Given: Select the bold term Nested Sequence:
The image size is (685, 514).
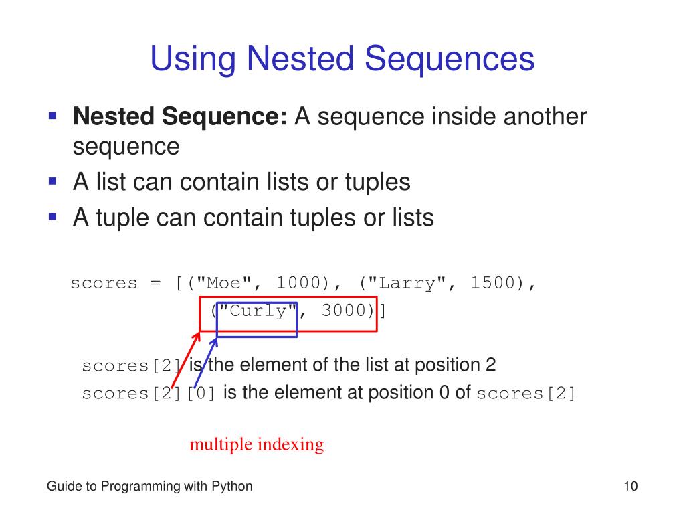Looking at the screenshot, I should point(180,117).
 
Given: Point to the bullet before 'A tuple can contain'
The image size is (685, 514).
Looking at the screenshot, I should point(52,216).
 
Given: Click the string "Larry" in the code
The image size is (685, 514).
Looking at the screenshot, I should point(405,283).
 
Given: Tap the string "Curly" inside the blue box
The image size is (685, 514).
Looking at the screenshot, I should point(256,311).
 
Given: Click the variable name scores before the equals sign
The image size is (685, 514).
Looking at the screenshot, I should point(104,283).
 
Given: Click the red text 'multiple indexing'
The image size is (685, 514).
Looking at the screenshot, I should point(256,444).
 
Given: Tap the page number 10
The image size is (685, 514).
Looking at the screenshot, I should point(629,487).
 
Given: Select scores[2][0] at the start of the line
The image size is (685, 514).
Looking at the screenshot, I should point(149,394).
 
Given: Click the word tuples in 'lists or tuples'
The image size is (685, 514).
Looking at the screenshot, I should point(373,181).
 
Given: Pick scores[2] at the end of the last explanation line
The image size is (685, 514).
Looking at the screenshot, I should point(526,394).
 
